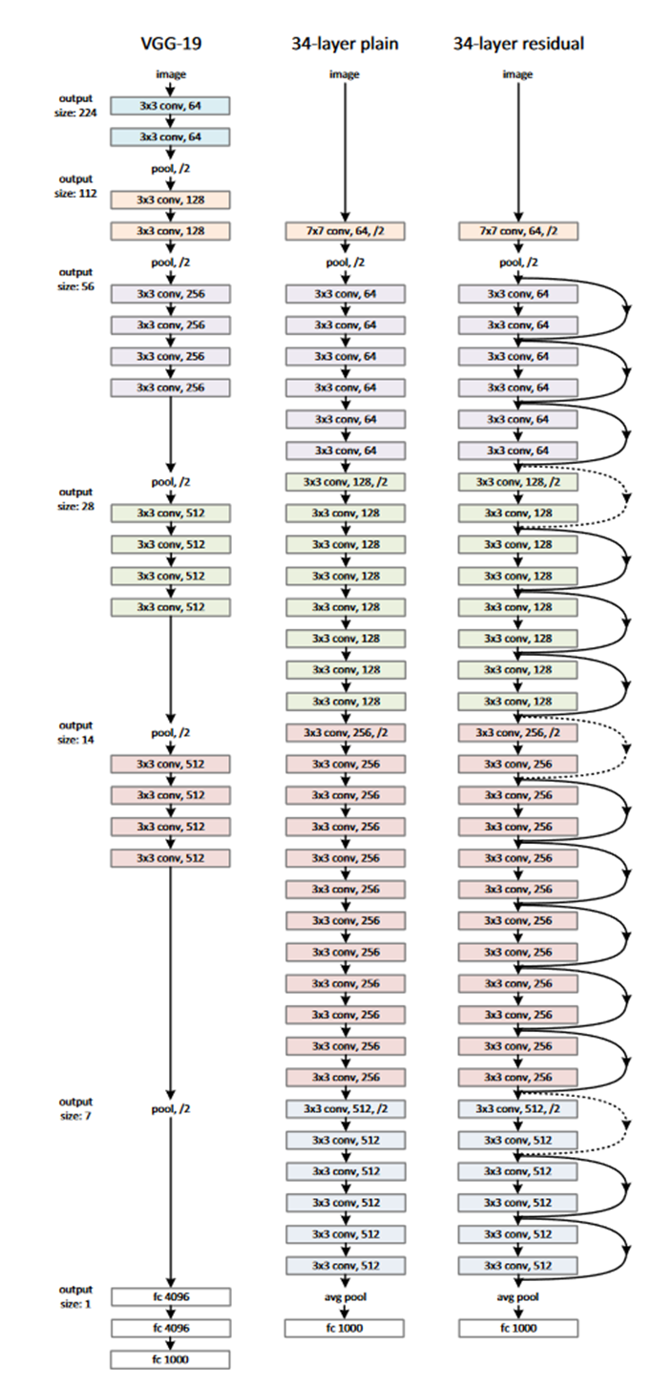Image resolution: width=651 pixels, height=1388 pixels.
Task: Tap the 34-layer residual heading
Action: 518,43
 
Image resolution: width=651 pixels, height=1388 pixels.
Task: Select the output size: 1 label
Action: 75,1296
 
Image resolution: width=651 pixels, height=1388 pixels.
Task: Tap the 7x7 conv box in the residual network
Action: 518,232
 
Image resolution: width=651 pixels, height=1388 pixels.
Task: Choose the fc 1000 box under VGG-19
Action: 170,1359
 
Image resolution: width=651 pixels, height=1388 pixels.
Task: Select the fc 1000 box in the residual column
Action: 518,1328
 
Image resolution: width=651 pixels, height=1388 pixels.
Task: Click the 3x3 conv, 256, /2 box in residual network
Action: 518,733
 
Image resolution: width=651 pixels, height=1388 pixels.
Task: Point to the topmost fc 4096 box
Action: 170,1296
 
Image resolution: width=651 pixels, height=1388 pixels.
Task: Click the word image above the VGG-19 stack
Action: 170,74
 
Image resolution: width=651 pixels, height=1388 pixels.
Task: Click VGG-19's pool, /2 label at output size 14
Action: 170,733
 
